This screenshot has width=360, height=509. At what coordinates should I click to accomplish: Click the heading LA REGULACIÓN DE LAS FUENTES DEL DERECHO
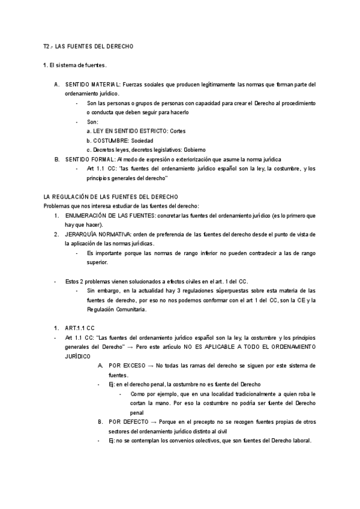point(111,197)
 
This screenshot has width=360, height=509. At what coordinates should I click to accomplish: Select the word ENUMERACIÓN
point(86,215)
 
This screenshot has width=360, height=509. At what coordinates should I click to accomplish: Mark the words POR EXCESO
point(127,366)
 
